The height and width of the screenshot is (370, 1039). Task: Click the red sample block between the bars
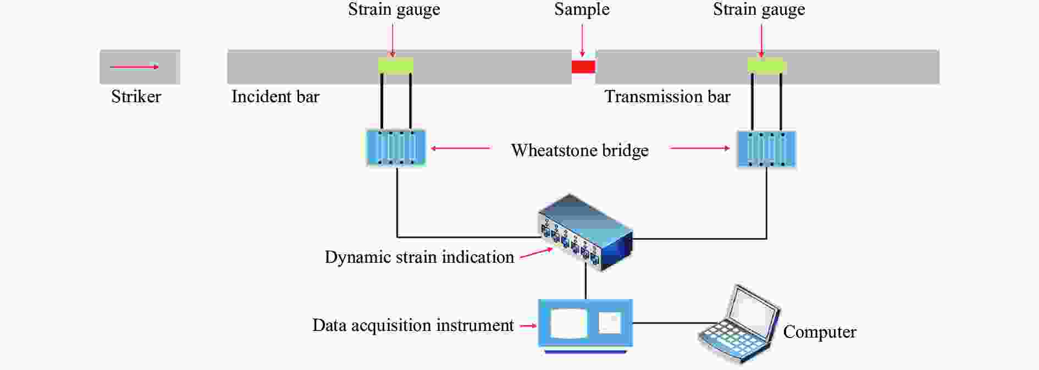tap(583, 67)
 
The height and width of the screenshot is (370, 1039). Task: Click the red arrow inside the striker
tap(135, 67)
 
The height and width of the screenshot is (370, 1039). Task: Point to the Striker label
tap(136, 97)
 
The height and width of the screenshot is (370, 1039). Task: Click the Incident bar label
tap(275, 97)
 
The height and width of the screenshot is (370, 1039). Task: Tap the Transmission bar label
tap(667, 97)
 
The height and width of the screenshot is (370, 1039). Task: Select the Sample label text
tap(582, 10)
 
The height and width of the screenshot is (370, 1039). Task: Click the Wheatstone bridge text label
tap(580, 151)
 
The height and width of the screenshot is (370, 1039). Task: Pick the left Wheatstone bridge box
tap(396, 148)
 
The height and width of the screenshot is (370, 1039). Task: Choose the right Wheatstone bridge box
tap(766, 149)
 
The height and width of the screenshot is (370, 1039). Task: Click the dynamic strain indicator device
tap(585, 233)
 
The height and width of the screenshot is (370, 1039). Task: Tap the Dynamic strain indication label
tap(419, 257)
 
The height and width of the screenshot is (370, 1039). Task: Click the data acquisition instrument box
tap(585, 325)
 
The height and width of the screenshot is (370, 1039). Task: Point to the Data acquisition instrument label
tap(413, 325)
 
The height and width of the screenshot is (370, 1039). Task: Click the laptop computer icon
tap(738, 324)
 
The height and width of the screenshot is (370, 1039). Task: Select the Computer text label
tap(820, 332)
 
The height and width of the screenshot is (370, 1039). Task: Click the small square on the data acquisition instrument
tap(610, 323)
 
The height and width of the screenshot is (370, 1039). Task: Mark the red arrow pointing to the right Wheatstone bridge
tap(700, 148)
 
